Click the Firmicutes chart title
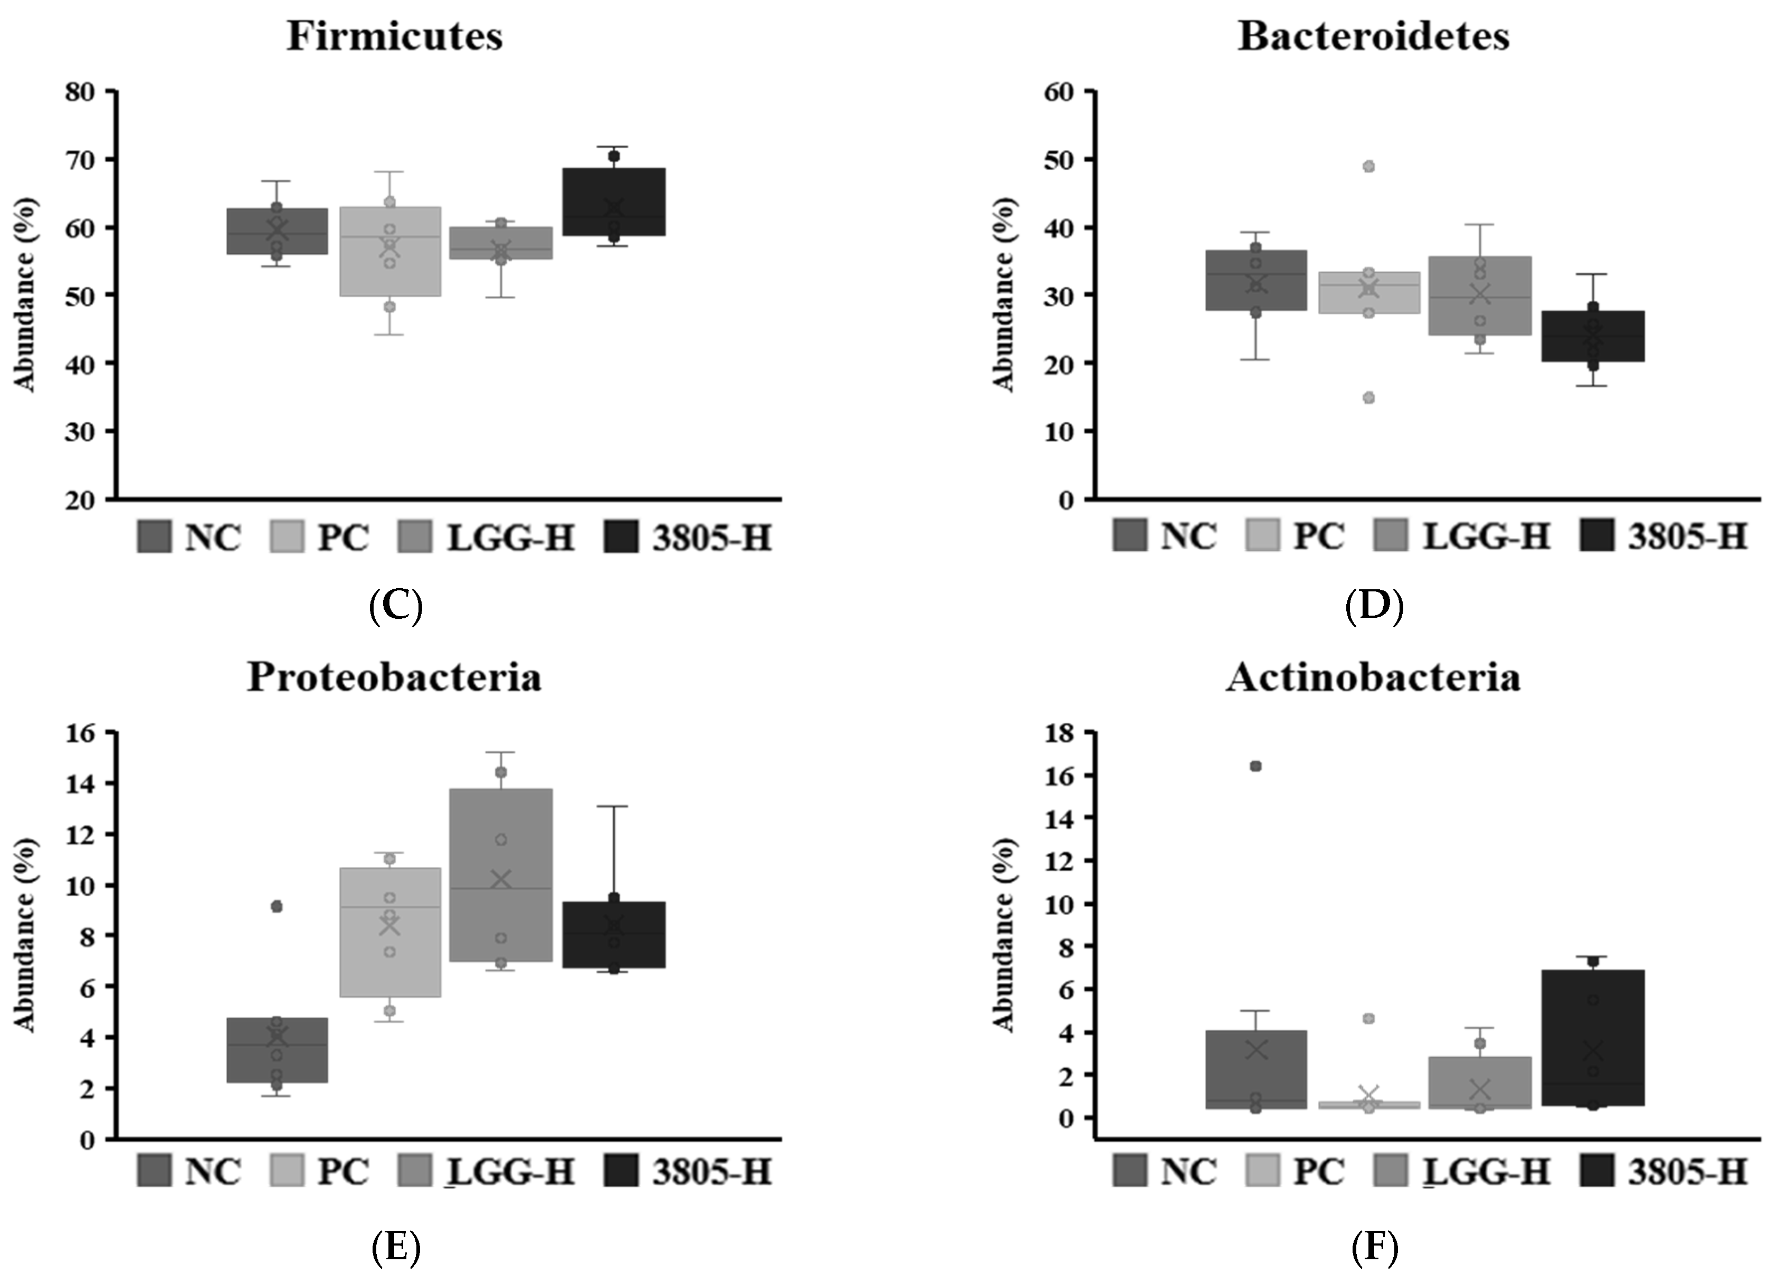395,36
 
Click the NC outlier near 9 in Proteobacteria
276,906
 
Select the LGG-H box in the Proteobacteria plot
500,875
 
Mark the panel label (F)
1374,1247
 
